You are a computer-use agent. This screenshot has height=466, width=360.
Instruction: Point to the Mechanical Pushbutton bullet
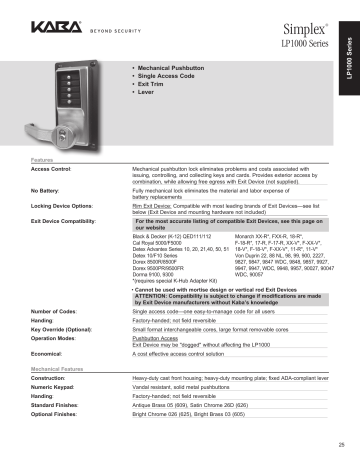[174, 66]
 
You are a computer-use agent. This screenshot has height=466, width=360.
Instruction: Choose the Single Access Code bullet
[172, 75]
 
